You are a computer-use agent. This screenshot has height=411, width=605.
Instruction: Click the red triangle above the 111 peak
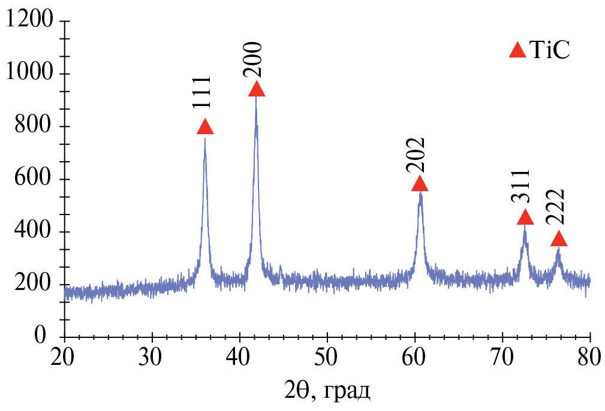click(205, 127)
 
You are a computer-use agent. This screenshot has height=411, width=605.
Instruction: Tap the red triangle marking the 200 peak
click(257, 90)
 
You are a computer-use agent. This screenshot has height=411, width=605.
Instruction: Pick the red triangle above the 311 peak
click(525, 217)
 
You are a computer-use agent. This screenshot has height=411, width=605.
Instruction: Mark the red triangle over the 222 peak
click(559, 239)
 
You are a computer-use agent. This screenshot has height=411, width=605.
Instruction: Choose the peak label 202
click(416, 155)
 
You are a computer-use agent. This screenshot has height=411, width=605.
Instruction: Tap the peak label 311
click(521, 188)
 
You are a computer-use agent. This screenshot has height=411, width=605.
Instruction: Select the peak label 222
click(555, 207)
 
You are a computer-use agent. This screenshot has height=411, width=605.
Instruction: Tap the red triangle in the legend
click(517, 50)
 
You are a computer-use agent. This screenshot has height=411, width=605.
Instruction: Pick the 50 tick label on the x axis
click(327, 358)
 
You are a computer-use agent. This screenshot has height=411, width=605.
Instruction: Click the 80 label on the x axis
click(590, 358)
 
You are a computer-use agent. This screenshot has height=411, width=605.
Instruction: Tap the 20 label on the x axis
click(64, 358)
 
